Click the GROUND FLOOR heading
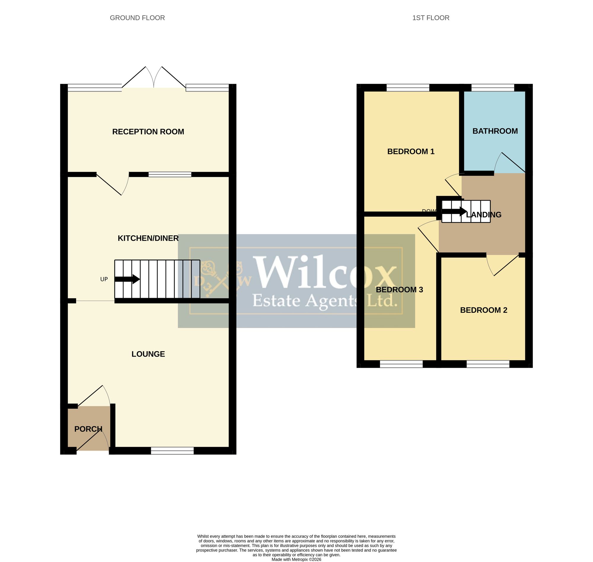point(137,18)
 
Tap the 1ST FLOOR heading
point(431,18)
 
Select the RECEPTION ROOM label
point(148,132)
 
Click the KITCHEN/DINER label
point(148,238)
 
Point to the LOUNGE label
point(148,354)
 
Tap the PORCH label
point(88,429)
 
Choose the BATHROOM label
point(495,131)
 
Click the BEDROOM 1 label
point(411,151)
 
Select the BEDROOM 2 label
point(484,310)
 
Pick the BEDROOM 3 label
point(399,290)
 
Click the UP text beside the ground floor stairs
point(104,279)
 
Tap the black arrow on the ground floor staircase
point(127,279)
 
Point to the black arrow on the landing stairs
point(454,212)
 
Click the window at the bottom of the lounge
point(172,451)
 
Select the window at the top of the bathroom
point(493,87)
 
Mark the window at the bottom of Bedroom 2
point(488,364)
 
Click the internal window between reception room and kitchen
point(170,174)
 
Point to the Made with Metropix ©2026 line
point(296,559)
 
